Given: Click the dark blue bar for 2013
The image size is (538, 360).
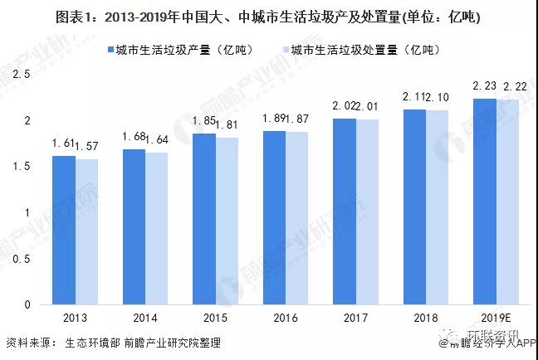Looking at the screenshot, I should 63,230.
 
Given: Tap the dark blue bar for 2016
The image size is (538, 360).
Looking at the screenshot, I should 274,217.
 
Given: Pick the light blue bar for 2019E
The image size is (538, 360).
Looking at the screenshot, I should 508,202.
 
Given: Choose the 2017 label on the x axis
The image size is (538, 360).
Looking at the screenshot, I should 355,319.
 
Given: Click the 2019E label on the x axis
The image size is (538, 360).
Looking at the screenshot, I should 496,319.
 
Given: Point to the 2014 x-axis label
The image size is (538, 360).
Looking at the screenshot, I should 144,319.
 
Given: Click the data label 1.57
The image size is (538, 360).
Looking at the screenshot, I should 86,147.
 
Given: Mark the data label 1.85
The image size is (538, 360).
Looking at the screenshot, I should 203,121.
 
